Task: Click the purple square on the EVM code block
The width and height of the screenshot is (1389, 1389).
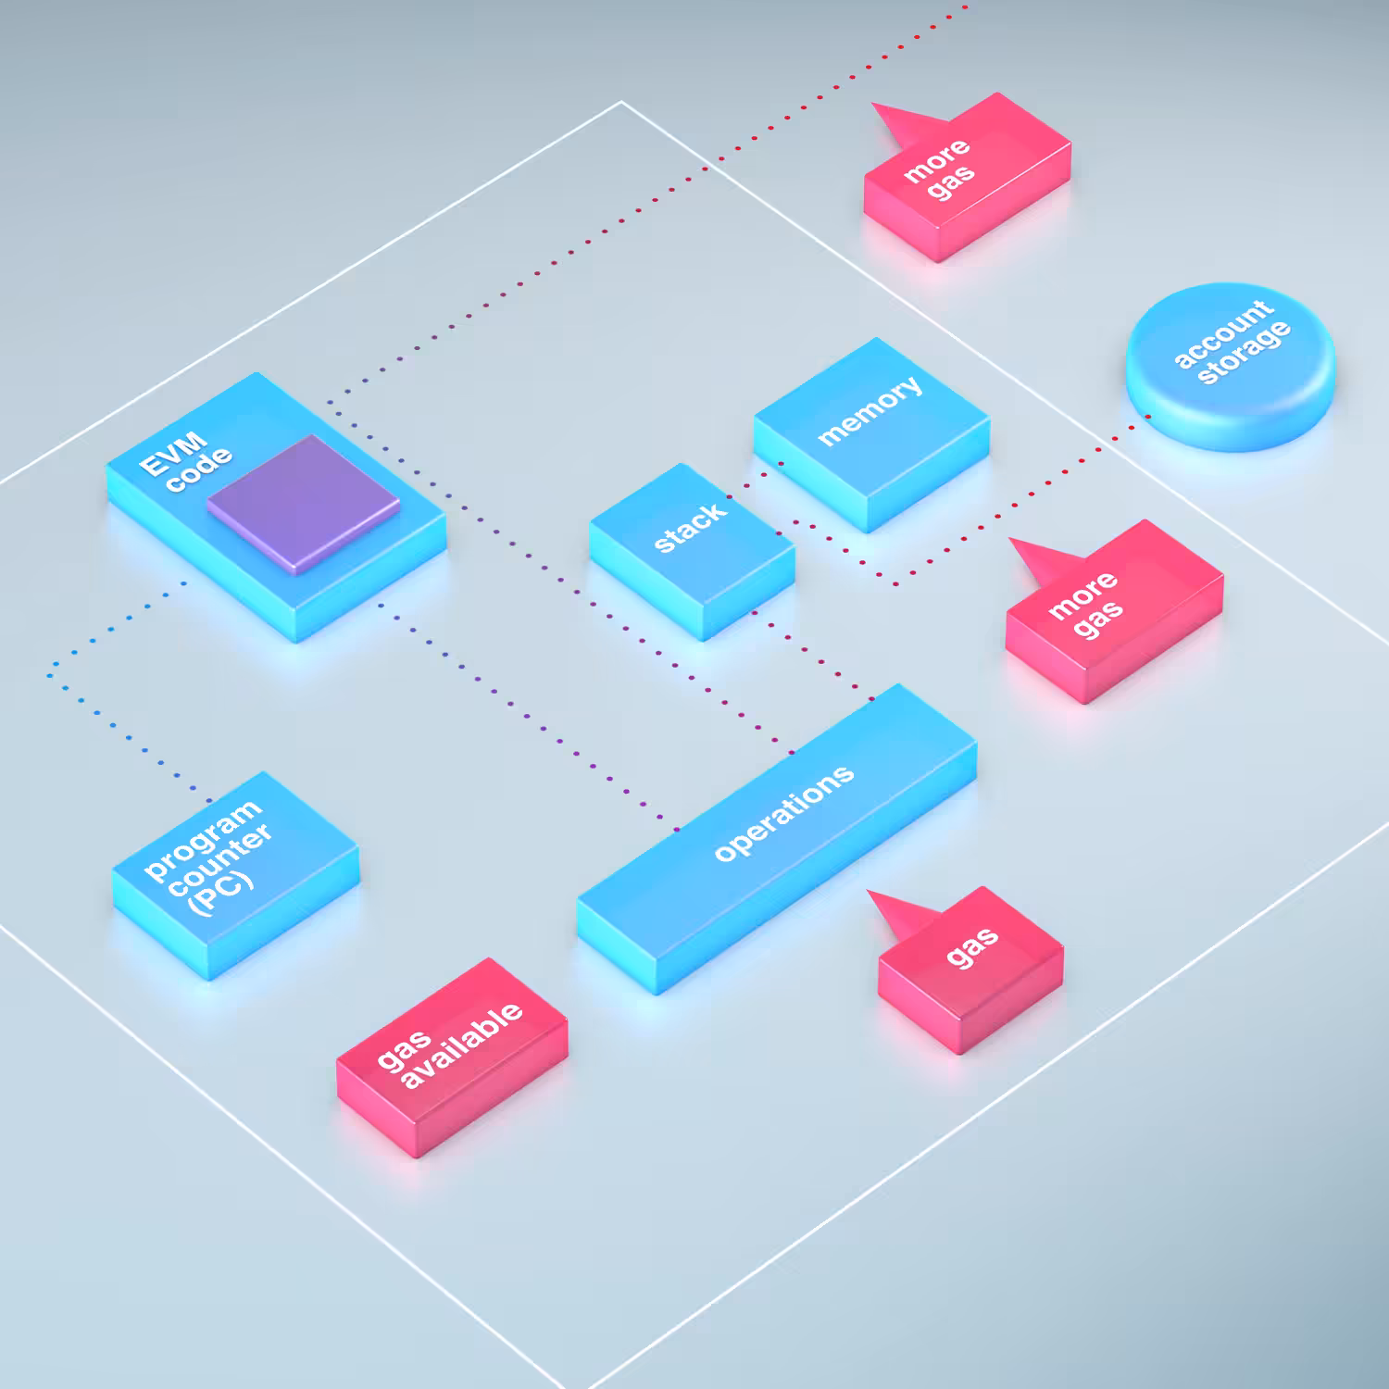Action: [304, 505]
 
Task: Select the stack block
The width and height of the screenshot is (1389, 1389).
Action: [693, 552]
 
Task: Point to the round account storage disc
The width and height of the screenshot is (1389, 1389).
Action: [1231, 368]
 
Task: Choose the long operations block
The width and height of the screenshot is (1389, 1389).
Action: [777, 838]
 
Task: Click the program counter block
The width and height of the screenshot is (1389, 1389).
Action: [236, 875]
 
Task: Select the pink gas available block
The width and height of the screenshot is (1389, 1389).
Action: [452, 1057]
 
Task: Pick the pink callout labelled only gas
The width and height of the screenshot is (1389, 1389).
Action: [969, 969]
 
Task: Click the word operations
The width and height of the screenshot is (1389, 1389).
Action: [784, 812]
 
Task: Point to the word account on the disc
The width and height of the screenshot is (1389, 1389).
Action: [1222, 333]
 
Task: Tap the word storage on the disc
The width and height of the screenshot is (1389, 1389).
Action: [1244, 352]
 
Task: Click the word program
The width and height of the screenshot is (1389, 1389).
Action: [203, 839]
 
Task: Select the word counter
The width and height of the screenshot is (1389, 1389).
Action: [220, 859]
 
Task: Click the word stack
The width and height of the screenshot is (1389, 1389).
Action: [690, 528]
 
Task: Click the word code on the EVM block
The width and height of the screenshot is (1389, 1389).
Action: [199, 469]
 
